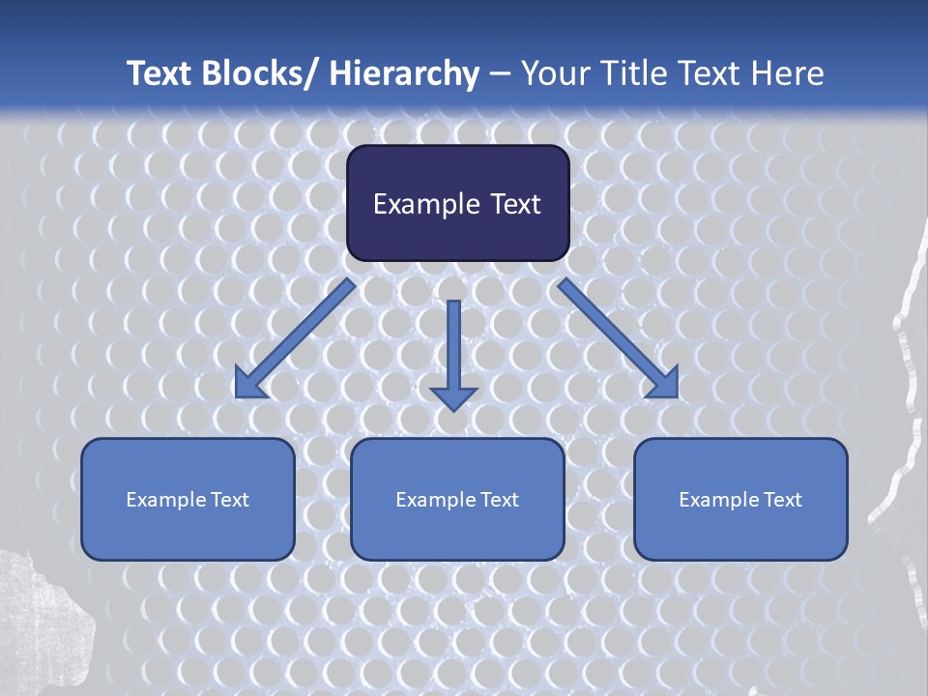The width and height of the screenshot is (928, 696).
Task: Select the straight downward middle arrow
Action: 453,353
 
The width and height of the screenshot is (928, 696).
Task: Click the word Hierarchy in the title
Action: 403,73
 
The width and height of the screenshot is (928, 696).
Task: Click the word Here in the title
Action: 787,73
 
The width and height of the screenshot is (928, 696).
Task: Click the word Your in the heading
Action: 554,73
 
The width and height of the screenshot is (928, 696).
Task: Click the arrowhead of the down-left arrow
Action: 249,385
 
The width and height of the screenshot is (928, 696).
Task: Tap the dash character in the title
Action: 500,73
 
